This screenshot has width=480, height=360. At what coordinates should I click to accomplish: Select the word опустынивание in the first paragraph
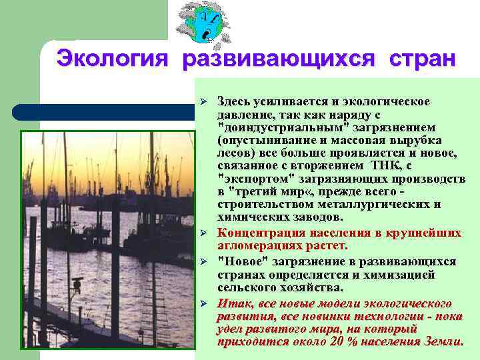coord(259,141)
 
